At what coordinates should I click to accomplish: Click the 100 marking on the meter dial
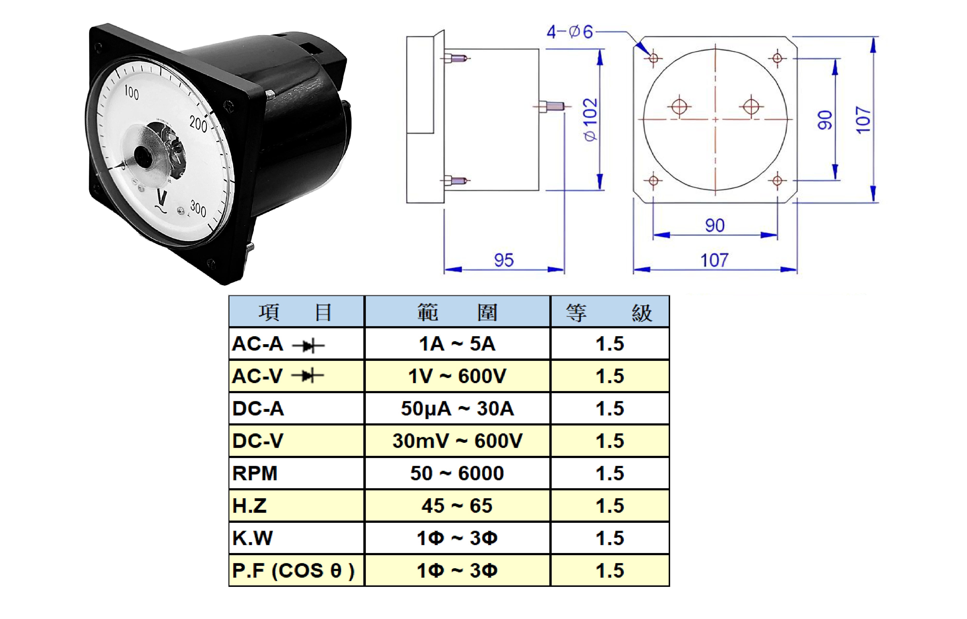click(132, 92)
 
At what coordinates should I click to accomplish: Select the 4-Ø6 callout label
click(570, 32)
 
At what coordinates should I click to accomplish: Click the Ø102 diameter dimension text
click(590, 119)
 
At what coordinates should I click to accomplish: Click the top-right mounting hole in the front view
click(777, 58)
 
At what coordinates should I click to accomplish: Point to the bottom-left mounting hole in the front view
click(653, 181)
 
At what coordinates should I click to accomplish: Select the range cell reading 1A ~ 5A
click(457, 344)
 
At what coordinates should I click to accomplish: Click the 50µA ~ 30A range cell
click(457, 408)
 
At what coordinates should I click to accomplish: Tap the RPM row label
click(255, 473)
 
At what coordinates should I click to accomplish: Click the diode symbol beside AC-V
click(308, 376)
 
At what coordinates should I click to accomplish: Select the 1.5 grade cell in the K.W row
click(610, 538)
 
